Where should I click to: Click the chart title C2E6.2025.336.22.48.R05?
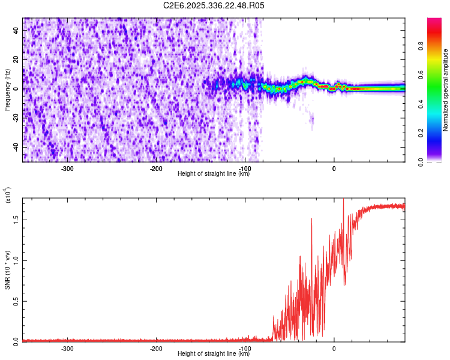(x=214, y=5)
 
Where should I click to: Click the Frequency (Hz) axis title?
(x=7, y=89)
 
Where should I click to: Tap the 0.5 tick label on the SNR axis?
(x=16, y=300)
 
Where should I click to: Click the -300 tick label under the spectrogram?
(x=67, y=169)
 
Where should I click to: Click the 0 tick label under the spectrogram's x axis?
(x=334, y=169)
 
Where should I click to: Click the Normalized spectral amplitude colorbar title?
(x=446, y=90)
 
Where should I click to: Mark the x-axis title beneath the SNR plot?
(x=214, y=354)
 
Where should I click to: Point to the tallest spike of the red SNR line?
(x=343, y=200)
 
